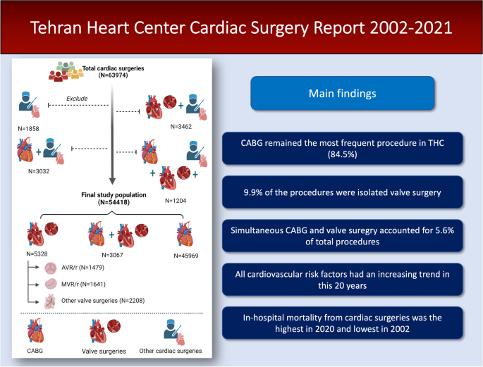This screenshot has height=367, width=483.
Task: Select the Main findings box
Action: point(343,94)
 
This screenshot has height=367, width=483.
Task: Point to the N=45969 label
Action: point(185,254)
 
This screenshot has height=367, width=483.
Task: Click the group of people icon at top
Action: point(64,70)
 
